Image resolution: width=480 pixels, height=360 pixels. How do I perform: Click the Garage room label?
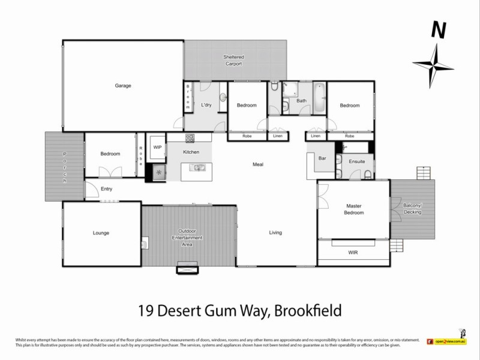coord(123,86)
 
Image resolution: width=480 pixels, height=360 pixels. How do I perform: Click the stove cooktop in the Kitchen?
coord(190,138)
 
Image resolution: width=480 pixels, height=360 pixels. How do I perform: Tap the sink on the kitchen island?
coord(196,168)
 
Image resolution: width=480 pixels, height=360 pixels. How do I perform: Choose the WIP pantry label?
coord(158,146)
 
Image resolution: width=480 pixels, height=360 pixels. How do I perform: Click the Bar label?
coord(322,159)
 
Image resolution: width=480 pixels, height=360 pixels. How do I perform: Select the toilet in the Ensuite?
coord(367,175)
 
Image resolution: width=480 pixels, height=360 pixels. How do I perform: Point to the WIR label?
coord(353,253)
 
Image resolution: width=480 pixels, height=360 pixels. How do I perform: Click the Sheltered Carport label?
coord(233,60)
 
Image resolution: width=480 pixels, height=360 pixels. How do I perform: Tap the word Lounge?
coord(101,233)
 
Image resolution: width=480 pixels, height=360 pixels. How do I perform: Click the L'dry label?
coord(206,105)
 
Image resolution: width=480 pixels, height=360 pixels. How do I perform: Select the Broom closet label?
coord(188,96)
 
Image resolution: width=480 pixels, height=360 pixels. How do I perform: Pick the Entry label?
coord(106,189)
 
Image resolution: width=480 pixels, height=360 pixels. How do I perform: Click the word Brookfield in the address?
coord(308,310)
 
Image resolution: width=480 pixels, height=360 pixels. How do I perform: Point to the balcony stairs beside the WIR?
coord(396,245)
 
